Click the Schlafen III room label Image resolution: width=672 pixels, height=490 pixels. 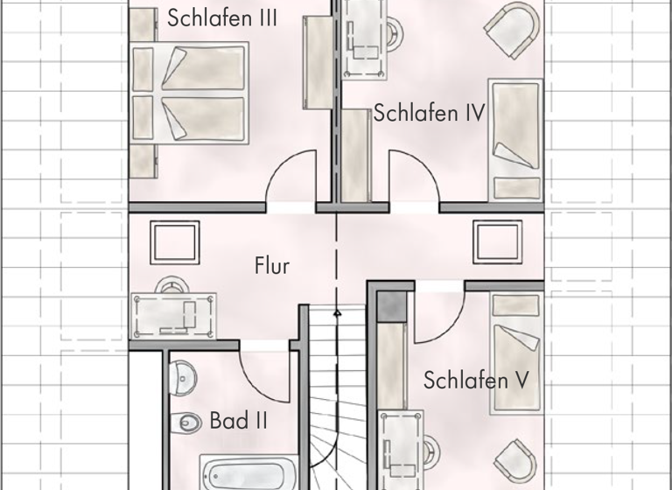point(222,17)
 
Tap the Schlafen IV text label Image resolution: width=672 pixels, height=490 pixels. point(429,113)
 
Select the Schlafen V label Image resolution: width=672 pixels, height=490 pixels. point(477,381)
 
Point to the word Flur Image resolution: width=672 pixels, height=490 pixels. point(271,266)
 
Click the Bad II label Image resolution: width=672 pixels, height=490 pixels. point(238,422)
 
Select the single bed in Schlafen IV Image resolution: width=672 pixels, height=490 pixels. point(515,140)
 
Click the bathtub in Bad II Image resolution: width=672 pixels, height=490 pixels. point(248,472)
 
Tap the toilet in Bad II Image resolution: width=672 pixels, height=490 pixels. point(187,423)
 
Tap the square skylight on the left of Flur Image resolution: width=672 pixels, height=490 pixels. point(174,241)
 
